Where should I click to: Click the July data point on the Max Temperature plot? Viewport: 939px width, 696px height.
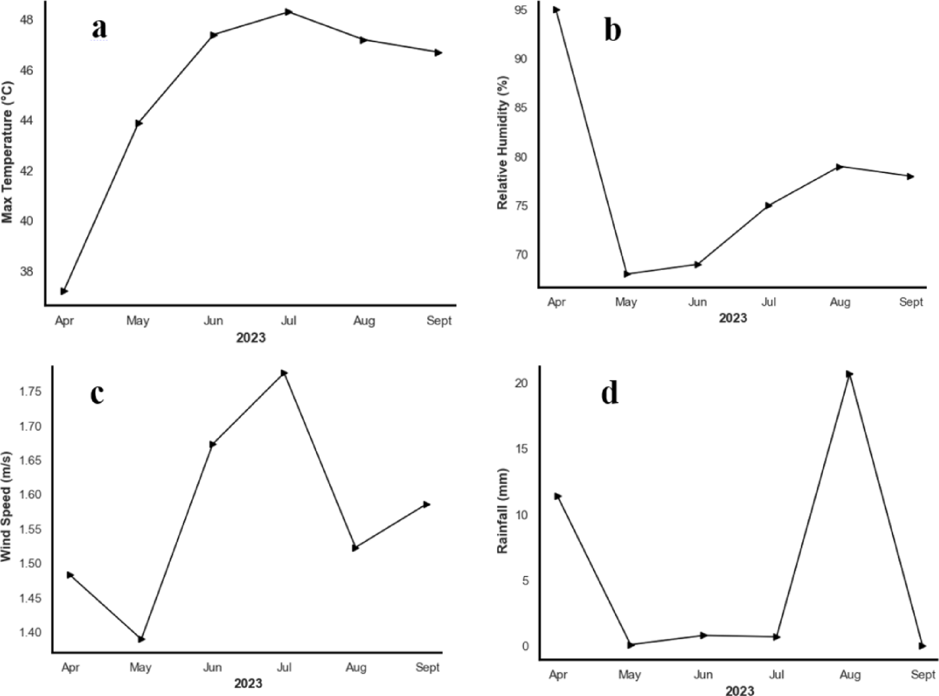coord(289,12)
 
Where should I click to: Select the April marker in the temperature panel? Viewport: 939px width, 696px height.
coord(64,291)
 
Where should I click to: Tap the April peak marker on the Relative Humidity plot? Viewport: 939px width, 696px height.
coord(556,10)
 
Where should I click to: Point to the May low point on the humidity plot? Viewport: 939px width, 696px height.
coord(627,274)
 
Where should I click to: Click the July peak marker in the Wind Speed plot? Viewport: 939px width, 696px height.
coord(284,373)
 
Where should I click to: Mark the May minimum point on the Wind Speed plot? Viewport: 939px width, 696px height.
coord(142,639)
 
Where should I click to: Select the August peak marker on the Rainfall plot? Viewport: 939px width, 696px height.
coord(850,374)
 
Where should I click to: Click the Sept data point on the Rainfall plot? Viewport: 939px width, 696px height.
coord(922,646)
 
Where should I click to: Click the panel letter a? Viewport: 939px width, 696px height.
coord(99,28)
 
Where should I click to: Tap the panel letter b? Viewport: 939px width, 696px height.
coord(612,30)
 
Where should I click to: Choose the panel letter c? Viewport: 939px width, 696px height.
coord(97,393)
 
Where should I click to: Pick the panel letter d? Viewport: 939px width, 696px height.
coord(609,393)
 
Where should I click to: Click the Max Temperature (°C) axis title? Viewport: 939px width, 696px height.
coord(8,152)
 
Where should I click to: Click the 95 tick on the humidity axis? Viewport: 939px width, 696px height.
coord(520,10)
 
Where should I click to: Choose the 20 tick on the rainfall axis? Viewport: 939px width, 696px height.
coord(522,383)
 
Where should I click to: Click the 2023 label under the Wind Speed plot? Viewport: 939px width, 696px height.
coord(248,683)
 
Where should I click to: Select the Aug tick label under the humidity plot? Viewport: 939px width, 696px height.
coord(839,302)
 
